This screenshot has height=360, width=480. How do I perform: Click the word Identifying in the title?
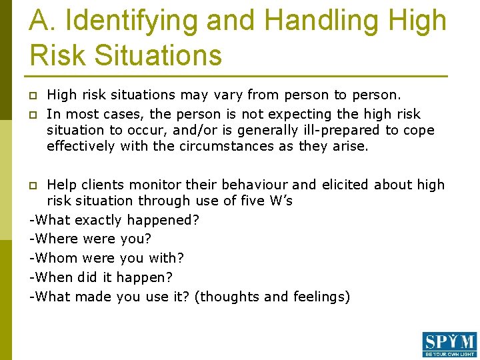click(x=132, y=21)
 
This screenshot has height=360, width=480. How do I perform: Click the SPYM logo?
click(x=449, y=342)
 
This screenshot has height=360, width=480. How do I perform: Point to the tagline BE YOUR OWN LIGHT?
click(x=449, y=355)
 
